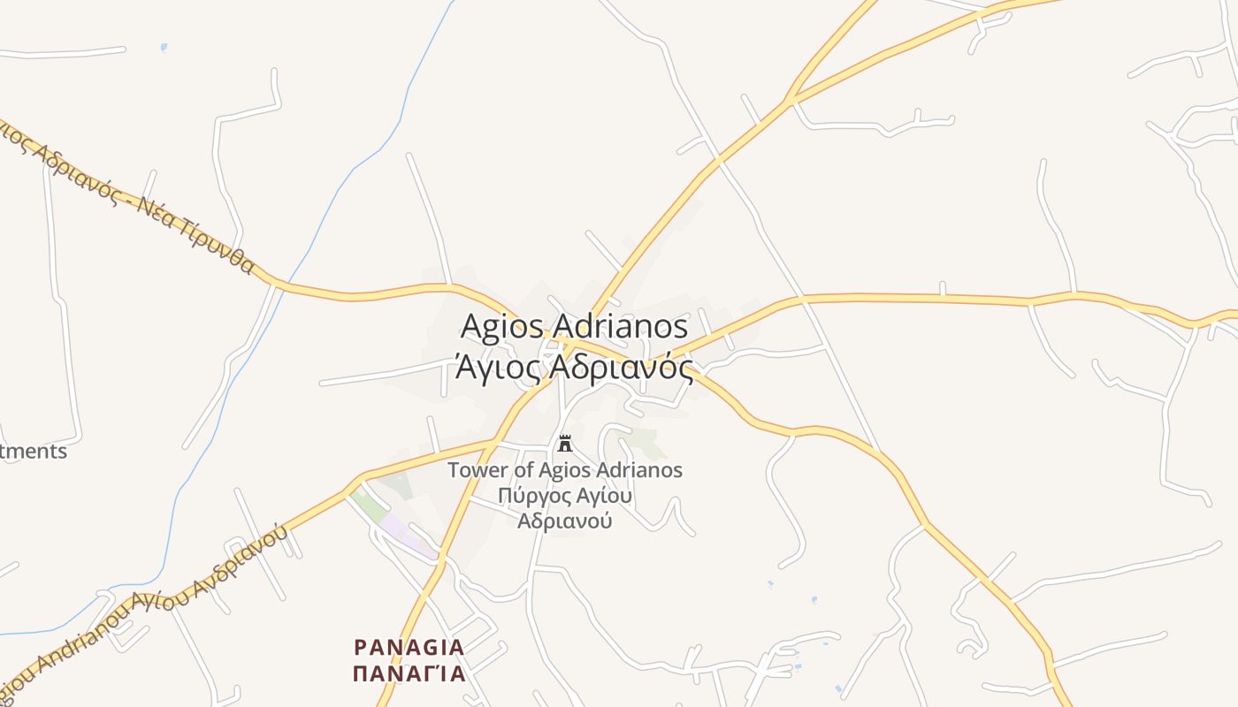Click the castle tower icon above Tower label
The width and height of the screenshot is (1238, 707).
coord(565,444)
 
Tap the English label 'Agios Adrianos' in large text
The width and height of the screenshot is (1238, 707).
coord(574,326)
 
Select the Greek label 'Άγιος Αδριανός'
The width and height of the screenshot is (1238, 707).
coord(574,366)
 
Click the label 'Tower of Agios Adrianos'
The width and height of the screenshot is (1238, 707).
coord(565,470)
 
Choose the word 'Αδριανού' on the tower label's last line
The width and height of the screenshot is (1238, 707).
coord(565,521)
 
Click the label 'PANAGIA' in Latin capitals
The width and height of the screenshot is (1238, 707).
coord(409,648)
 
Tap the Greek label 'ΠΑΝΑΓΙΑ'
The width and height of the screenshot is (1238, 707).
coord(409,674)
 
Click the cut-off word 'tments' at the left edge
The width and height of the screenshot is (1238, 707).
coord(34,451)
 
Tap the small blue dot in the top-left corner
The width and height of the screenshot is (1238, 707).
coord(164,47)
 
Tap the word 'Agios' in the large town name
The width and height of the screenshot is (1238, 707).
coord(501,326)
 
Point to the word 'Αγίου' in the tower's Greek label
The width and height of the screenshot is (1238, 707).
coord(602,496)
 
